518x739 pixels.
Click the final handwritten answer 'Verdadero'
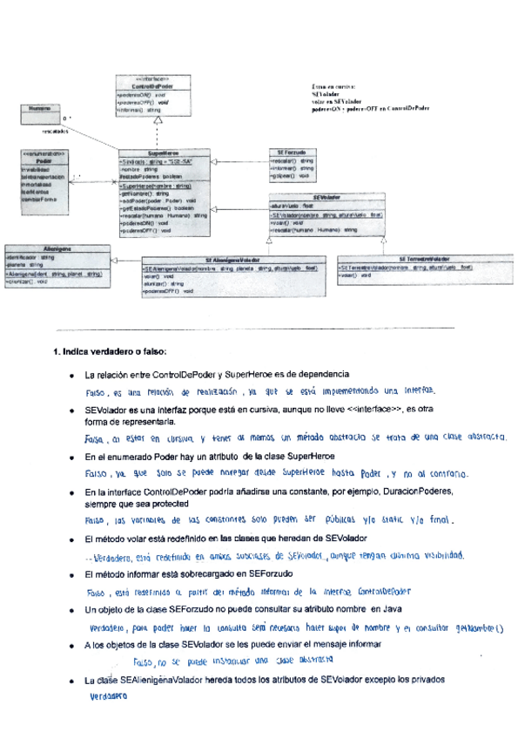pos(109,697)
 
